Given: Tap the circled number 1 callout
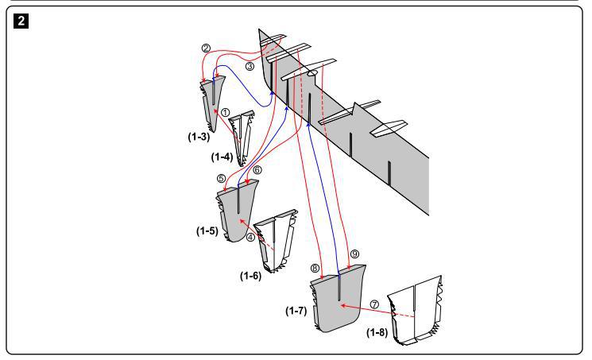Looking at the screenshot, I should (x=225, y=113).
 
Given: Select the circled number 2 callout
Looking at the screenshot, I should (x=206, y=49).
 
